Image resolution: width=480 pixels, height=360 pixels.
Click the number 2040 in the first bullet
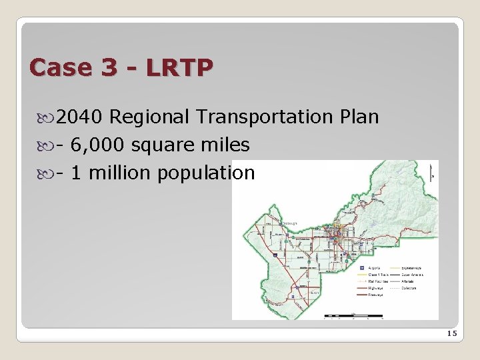[x=79, y=117]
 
